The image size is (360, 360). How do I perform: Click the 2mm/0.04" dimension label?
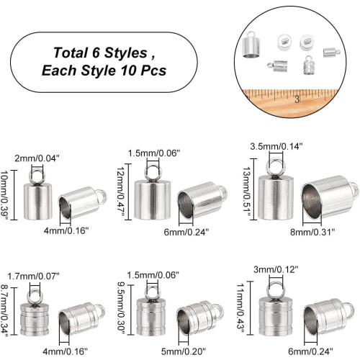coord(37,158)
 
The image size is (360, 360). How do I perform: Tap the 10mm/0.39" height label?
coord(5,195)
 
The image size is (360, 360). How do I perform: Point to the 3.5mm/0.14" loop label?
coord(276,146)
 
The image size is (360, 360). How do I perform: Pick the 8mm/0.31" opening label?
coord(312,232)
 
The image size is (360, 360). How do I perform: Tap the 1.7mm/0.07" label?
coord(33,276)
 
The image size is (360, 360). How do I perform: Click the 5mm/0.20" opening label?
coord(184,351)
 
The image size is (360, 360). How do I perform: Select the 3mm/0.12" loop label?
coord(276,269)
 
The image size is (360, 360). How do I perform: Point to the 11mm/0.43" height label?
coord(240,308)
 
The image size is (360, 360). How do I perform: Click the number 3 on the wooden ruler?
coord(297,99)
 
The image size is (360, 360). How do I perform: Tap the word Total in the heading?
coord(71,53)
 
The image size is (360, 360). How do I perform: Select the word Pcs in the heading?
coord(153,71)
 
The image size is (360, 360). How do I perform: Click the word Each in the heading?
coord(59,71)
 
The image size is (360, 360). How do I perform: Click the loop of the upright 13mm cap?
coord(276,161)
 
